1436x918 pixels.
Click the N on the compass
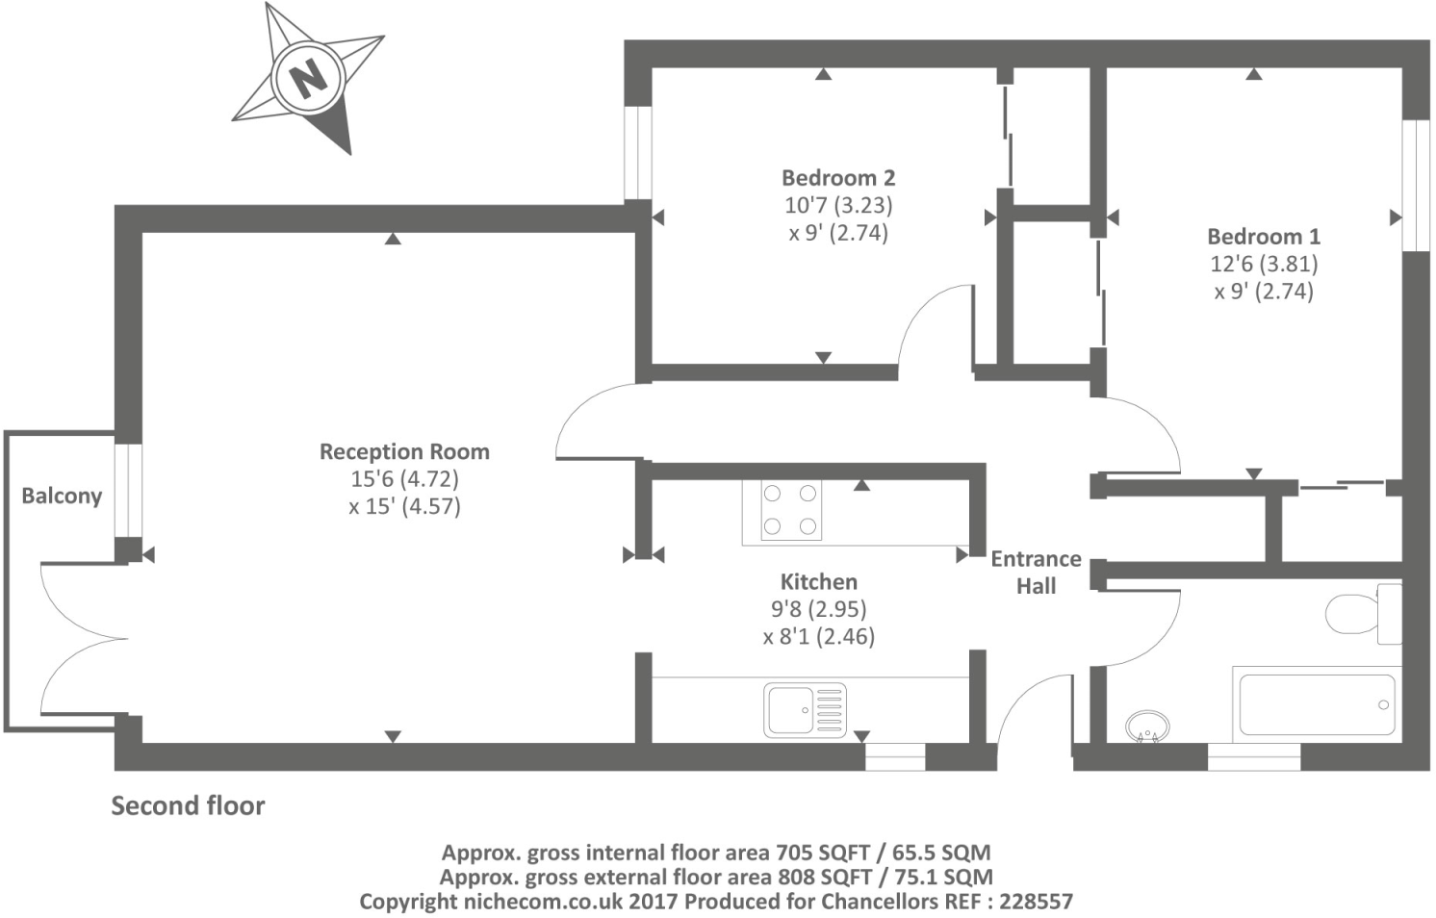[x=308, y=77]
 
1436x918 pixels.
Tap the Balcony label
[x=62, y=496]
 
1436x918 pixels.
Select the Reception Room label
[x=404, y=451]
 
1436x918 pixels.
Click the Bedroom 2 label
[x=838, y=178]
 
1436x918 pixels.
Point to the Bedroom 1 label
[x=1264, y=237]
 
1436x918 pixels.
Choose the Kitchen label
[x=818, y=582]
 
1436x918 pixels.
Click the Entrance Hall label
[x=1036, y=573]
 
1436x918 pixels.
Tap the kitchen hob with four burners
[x=789, y=510]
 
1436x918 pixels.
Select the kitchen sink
[x=806, y=710]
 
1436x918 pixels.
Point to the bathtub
[x=1317, y=705]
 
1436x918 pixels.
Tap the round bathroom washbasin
[x=1147, y=726]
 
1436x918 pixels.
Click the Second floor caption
[x=188, y=805]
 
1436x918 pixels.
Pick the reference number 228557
[x=1036, y=902]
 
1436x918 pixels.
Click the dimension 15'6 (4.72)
[x=404, y=479]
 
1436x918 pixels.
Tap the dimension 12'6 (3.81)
[x=1264, y=264]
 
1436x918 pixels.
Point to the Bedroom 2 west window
[x=638, y=152]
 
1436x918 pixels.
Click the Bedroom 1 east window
[x=1416, y=185]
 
